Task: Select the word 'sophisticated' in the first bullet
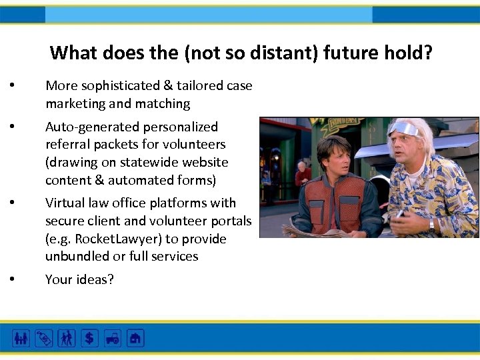coord(117,86)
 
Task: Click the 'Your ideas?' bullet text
coord(79,279)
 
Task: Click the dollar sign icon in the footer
coord(89,338)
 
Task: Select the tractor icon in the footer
coord(112,338)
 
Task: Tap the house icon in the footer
coord(135,338)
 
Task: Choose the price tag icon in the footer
coord(43,338)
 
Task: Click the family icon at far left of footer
coord(21,338)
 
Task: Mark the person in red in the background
coord(303,174)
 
